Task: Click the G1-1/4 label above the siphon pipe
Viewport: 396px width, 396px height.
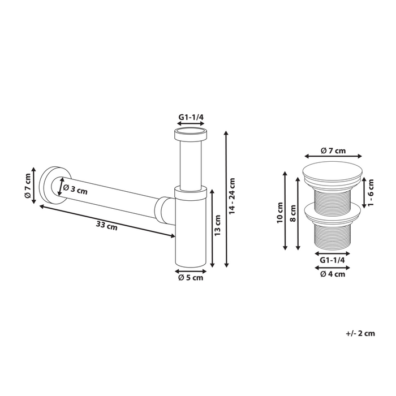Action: [191, 117]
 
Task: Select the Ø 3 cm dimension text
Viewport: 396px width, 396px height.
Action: [75, 190]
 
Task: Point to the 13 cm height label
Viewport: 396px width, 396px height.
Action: [217, 226]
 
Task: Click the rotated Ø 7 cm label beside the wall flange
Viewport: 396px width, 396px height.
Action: [27, 186]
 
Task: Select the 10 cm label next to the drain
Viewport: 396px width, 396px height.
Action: [279, 213]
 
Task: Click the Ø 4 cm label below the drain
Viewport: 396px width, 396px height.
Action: [332, 274]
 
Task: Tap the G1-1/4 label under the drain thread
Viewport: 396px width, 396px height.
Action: [332, 260]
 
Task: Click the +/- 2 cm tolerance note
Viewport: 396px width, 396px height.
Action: [360, 333]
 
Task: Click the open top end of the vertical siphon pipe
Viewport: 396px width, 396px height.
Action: [191, 135]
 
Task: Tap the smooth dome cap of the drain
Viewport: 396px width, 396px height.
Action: [333, 170]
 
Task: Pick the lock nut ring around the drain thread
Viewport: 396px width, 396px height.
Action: [333, 212]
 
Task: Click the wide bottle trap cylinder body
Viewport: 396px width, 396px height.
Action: [191, 232]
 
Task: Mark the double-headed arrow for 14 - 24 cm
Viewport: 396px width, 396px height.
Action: [226, 198]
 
